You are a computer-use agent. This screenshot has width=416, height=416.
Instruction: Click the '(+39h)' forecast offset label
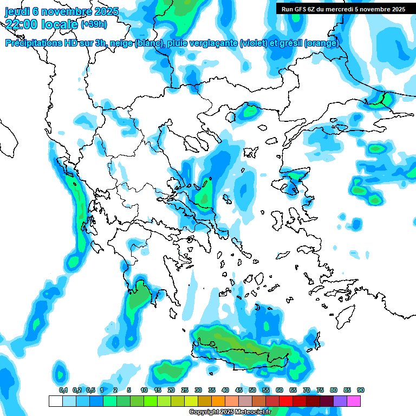[x=94, y=24]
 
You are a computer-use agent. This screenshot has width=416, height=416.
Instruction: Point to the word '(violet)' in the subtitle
[x=253, y=43]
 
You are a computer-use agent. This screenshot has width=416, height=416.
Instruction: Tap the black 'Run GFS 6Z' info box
[x=343, y=9]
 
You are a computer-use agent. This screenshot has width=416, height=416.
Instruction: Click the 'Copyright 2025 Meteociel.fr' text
[x=230, y=412]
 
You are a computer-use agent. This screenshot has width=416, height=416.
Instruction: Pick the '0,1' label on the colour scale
[x=63, y=390]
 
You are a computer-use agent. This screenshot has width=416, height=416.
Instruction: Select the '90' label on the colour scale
[x=361, y=390]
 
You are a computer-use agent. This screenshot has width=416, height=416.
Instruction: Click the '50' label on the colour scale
[x=252, y=390]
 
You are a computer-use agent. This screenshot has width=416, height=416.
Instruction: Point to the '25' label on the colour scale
[x=185, y=390]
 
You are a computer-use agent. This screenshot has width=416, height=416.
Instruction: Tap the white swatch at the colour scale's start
[x=55, y=401]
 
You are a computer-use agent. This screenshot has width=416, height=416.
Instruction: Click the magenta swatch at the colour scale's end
[x=354, y=401]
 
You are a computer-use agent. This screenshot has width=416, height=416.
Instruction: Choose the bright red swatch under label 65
[x=286, y=401]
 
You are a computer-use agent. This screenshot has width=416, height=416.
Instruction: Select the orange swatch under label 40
[x=218, y=401]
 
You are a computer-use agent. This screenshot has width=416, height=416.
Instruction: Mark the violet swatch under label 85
[x=340, y=401]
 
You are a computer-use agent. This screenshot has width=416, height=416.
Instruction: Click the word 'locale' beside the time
[x=60, y=24]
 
